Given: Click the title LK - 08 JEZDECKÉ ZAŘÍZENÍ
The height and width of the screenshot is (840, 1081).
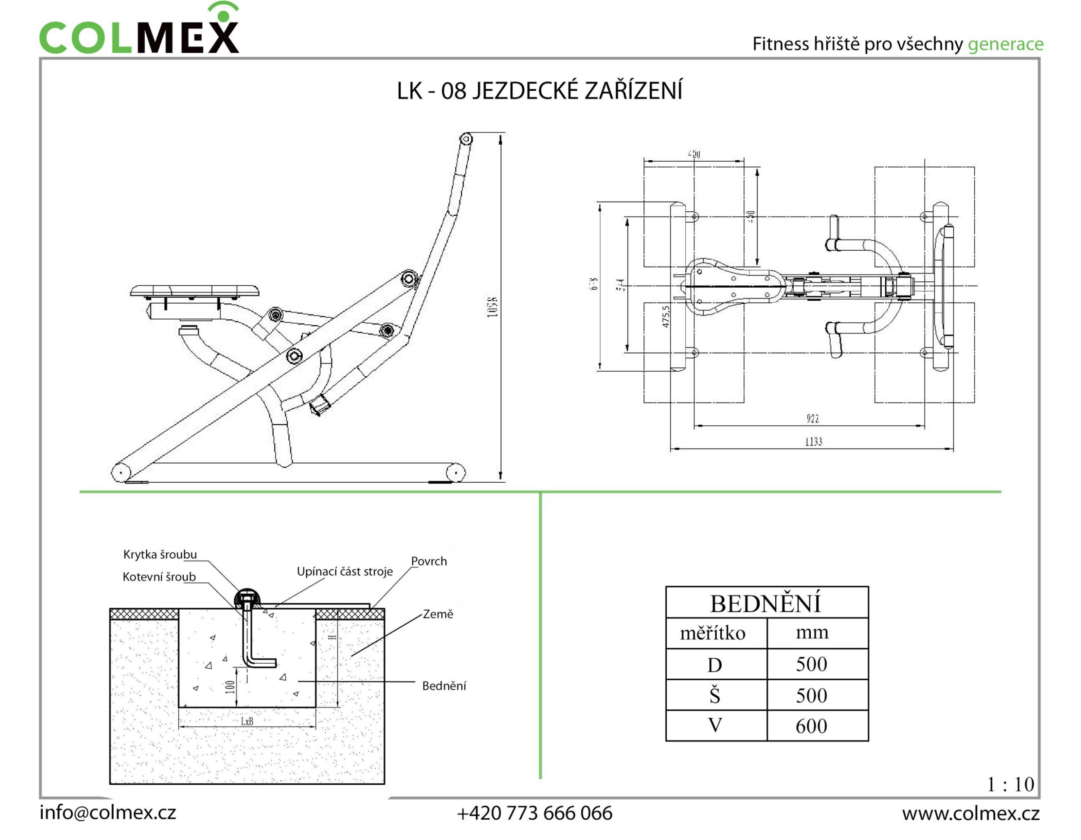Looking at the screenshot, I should [540, 91].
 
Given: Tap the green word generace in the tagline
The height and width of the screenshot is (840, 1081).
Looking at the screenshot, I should [1005, 45].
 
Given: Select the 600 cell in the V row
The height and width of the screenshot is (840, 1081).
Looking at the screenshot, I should [811, 726].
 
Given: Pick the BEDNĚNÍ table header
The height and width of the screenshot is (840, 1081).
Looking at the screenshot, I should [766, 604].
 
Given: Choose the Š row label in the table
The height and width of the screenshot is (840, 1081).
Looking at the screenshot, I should [714, 696].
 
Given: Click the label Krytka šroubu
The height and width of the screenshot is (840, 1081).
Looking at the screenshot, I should [160, 554].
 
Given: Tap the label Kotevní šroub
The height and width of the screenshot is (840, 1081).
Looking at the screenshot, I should [159, 577].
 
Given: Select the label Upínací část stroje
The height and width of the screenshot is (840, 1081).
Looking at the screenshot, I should [345, 572].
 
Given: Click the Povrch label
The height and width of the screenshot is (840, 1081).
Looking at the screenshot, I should [429, 561].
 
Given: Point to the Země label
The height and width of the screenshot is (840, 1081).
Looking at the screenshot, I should [438, 614].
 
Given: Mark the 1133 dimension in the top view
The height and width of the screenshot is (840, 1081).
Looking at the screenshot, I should [813, 441].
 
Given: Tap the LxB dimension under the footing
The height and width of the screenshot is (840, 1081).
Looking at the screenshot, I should [247, 721].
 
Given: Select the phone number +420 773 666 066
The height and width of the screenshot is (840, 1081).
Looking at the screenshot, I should [534, 813].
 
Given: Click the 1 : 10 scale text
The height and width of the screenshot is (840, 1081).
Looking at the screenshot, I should [1010, 785].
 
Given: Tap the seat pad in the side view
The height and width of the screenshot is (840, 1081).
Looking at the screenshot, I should [195, 290].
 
